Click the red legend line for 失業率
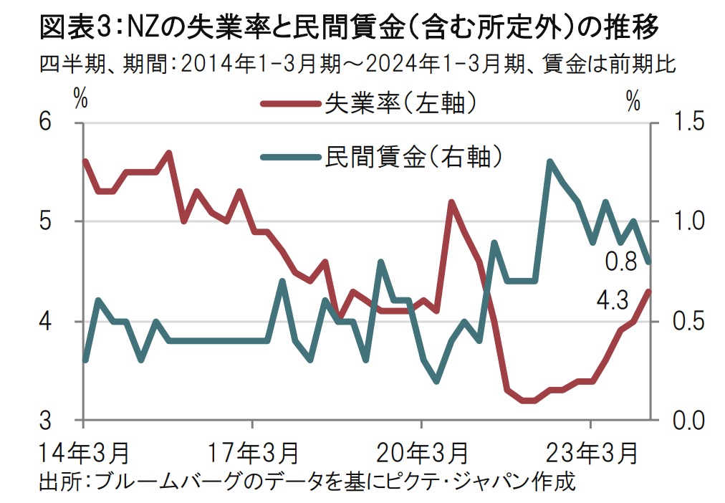click(290, 105)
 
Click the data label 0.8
click(620, 262)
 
